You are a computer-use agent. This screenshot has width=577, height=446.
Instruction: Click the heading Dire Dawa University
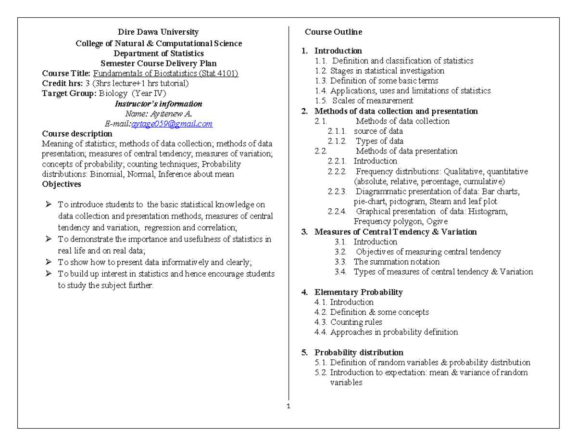[x=158, y=32]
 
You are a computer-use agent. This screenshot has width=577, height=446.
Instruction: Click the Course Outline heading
[x=333, y=32]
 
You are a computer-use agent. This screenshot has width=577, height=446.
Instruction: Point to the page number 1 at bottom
[x=288, y=407]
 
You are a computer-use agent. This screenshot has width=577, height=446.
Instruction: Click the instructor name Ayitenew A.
[x=159, y=114]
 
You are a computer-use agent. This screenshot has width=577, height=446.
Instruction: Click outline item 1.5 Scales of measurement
[x=364, y=101]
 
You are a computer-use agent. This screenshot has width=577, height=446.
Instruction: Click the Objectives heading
[x=62, y=184]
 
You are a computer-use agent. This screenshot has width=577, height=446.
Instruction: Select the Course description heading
[x=77, y=134]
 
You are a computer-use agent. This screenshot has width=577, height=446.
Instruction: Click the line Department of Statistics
[x=158, y=53]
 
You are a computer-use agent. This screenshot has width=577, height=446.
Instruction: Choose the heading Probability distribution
[x=359, y=352]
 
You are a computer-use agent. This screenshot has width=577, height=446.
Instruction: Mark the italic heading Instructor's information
[x=158, y=103]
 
